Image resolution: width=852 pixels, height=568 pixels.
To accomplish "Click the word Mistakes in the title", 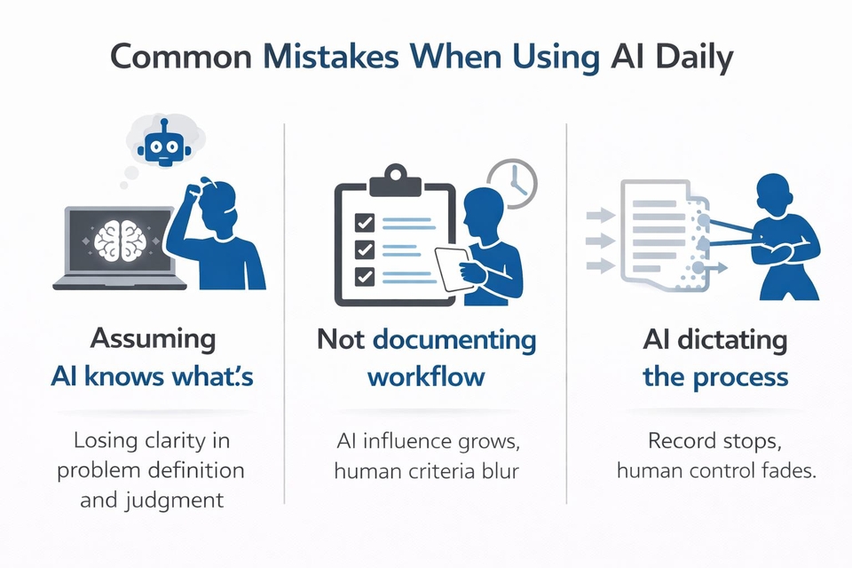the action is [x=331, y=56].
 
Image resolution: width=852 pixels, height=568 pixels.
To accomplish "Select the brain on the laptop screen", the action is [x=120, y=241].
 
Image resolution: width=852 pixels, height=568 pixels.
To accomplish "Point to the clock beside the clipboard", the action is [x=512, y=184].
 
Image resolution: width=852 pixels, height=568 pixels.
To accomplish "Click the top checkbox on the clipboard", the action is [x=365, y=222].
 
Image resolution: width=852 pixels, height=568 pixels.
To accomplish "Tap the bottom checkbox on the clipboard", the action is [x=365, y=276].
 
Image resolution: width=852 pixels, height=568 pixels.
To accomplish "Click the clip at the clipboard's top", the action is [x=395, y=180].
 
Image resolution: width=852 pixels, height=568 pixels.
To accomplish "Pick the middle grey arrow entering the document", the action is [x=601, y=241].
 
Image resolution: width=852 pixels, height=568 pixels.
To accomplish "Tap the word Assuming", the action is [x=154, y=340].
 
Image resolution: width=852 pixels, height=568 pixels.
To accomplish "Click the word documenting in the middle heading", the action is [x=454, y=341].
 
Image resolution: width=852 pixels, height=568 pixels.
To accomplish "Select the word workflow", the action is [x=426, y=376].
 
